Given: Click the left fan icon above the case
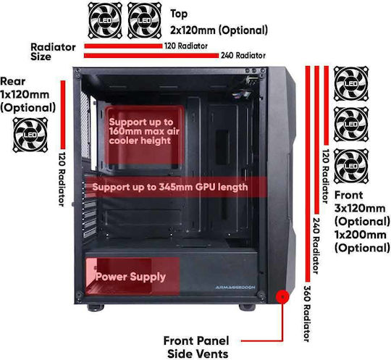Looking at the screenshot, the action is (x=105, y=20).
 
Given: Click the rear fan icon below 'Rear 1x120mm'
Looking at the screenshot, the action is (x=30, y=135).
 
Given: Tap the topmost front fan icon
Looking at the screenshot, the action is (x=351, y=83).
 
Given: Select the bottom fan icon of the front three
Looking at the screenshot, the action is (x=351, y=166).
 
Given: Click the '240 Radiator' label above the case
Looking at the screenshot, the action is (x=243, y=55).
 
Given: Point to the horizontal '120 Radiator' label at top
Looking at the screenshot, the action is (x=186, y=46).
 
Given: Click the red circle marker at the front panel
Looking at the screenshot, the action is (x=282, y=297).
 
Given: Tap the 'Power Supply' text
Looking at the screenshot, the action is (x=130, y=277).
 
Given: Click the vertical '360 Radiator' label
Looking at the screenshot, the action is (x=307, y=314).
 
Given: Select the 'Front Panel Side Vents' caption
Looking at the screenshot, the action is (x=197, y=347).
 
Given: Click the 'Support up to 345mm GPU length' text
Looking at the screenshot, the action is (x=170, y=187).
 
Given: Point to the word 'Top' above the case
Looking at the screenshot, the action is (x=179, y=14).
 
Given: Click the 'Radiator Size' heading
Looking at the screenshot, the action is (x=53, y=51).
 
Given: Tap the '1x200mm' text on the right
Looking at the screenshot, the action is (x=360, y=235).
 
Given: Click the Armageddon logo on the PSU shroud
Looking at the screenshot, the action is (x=235, y=288).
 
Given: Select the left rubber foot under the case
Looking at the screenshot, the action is (x=96, y=308).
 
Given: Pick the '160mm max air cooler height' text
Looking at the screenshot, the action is (x=144, y=135).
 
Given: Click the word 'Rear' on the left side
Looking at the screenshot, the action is (x=13, y=81).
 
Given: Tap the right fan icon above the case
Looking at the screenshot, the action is (x=144, y=20).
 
